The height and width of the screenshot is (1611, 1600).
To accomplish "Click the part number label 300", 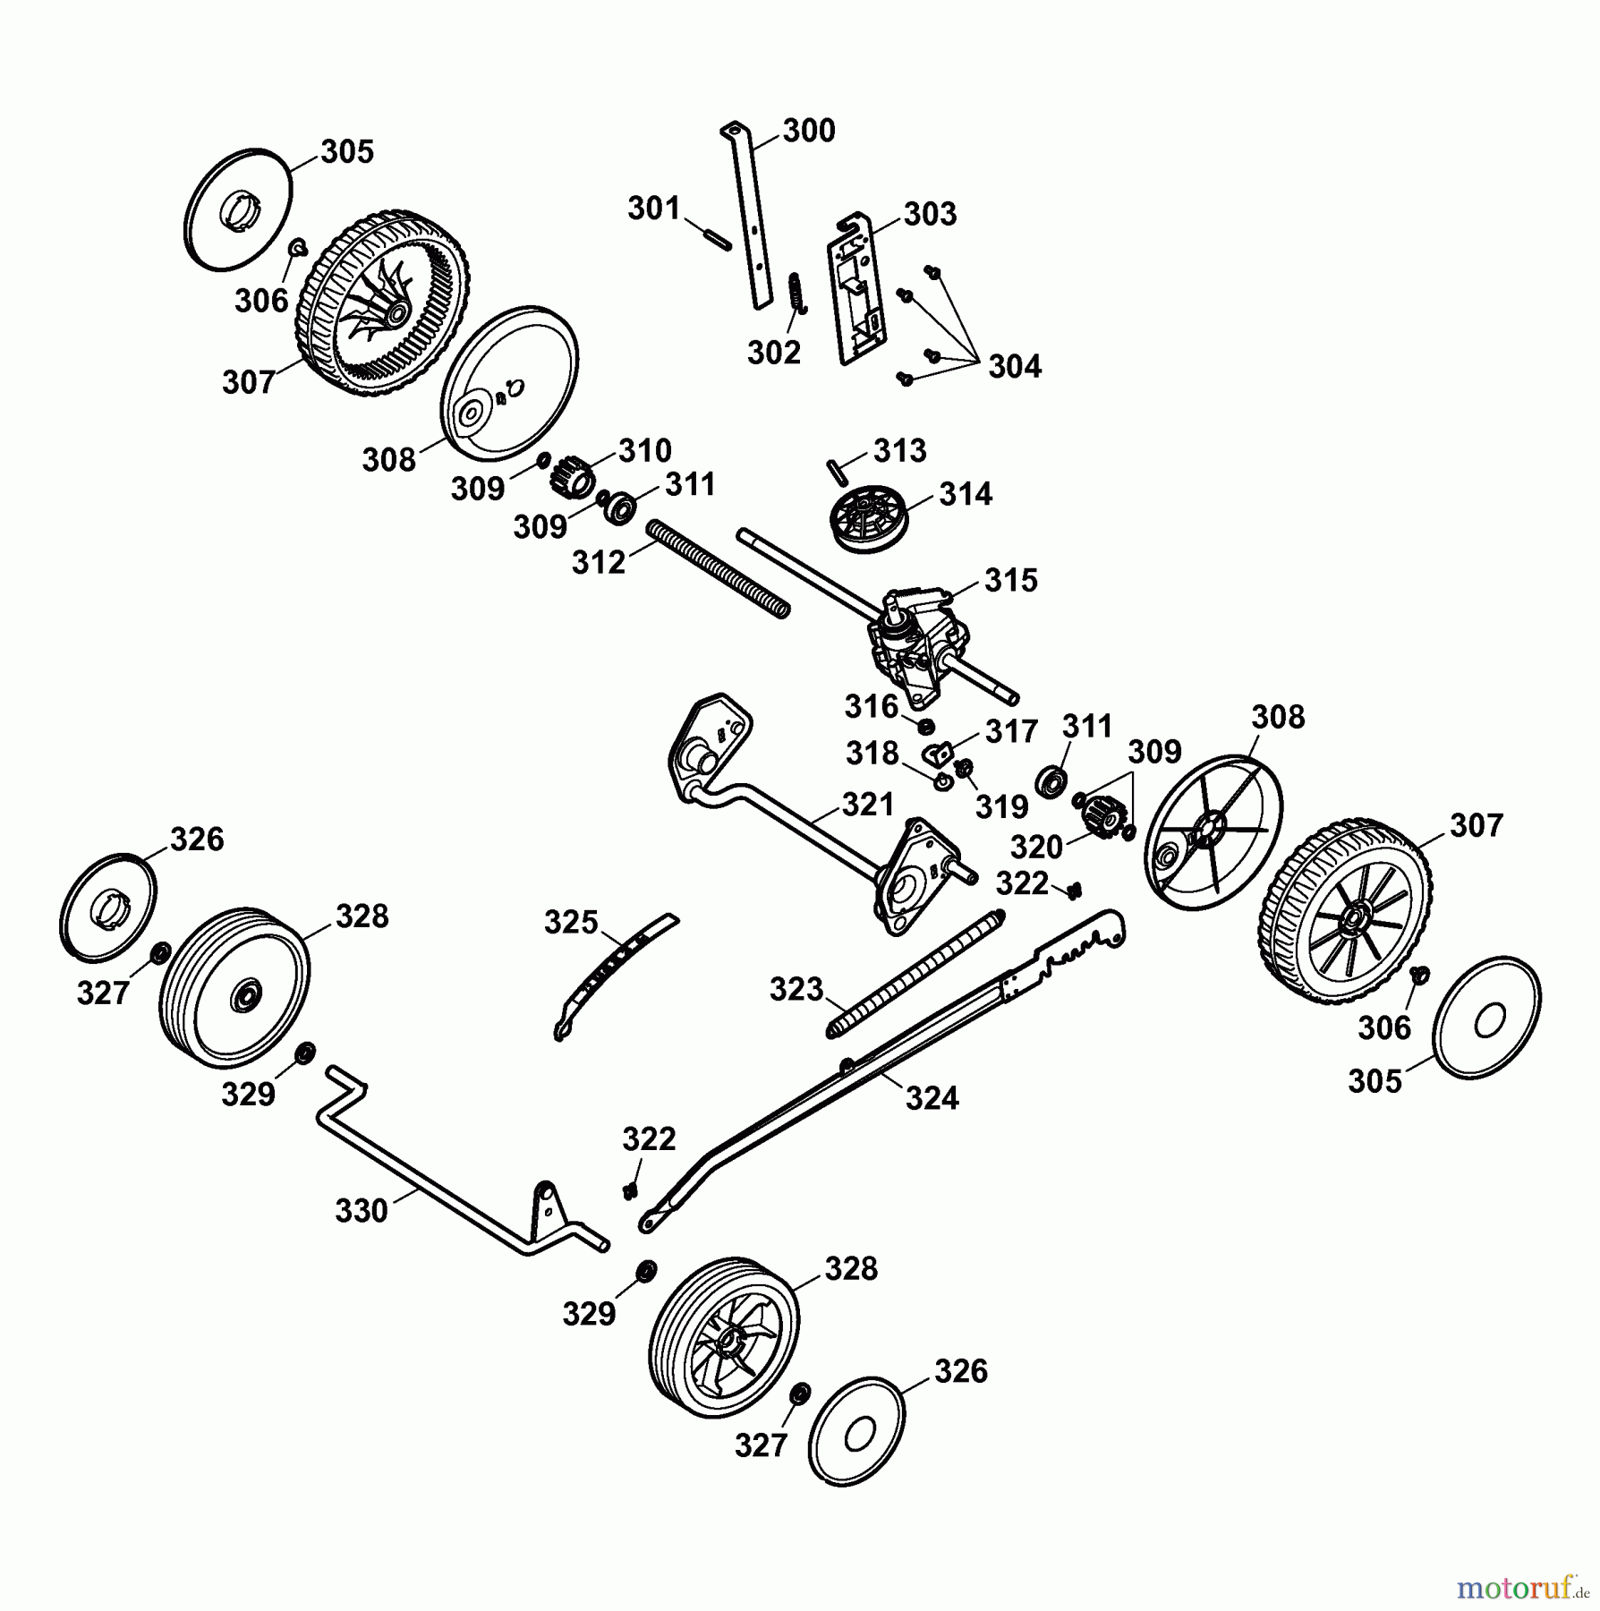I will (x=809, y=131).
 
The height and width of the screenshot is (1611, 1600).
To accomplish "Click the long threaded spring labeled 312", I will (x=720, y=568).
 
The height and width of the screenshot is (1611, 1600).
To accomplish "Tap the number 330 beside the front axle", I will (x=362, y=1211).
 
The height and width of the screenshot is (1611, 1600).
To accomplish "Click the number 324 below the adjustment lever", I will (x=932, y=1097).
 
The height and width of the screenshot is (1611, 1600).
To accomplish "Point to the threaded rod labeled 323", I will (x=915, y=973).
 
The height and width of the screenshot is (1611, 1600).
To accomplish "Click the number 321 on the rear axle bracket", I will (x=868, y=804).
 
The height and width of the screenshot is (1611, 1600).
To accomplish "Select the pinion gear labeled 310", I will (x=569, y=474).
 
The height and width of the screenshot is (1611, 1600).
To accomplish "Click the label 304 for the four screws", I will (x=1015, y=366).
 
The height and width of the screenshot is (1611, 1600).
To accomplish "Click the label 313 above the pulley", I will (x=899, y=450).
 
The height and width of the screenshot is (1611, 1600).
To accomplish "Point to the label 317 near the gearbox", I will (x=1011, y=731).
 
